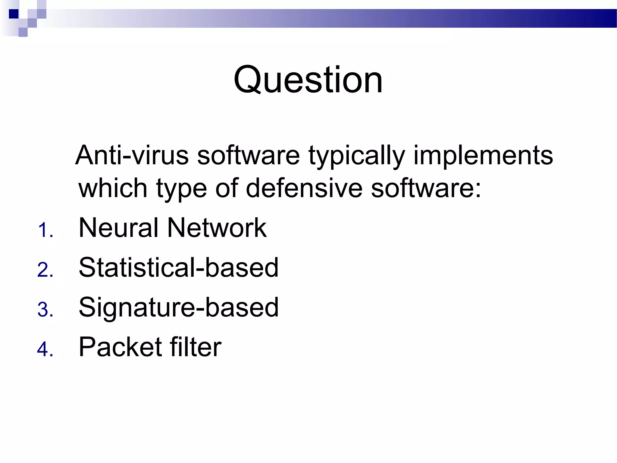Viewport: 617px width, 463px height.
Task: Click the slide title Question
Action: click(308, 80)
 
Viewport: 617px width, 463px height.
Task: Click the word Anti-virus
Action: click(132, 155)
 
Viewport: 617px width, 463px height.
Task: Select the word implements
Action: click(483, 156)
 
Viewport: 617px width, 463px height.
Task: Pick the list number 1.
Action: click(45, 231)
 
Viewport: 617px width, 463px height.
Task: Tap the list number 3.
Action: click(45, 310)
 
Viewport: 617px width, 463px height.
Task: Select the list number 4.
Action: click(45, 349)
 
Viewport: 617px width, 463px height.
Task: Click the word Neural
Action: click(118, 228)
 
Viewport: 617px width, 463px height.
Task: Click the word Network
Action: click(217, 228)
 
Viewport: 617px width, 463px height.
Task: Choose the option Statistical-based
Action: click(178, 268)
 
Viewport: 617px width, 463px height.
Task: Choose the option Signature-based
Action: click(178, 307)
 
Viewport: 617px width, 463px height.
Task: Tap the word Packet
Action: click(120, 347)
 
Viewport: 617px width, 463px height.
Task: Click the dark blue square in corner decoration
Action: click(14, 14)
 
